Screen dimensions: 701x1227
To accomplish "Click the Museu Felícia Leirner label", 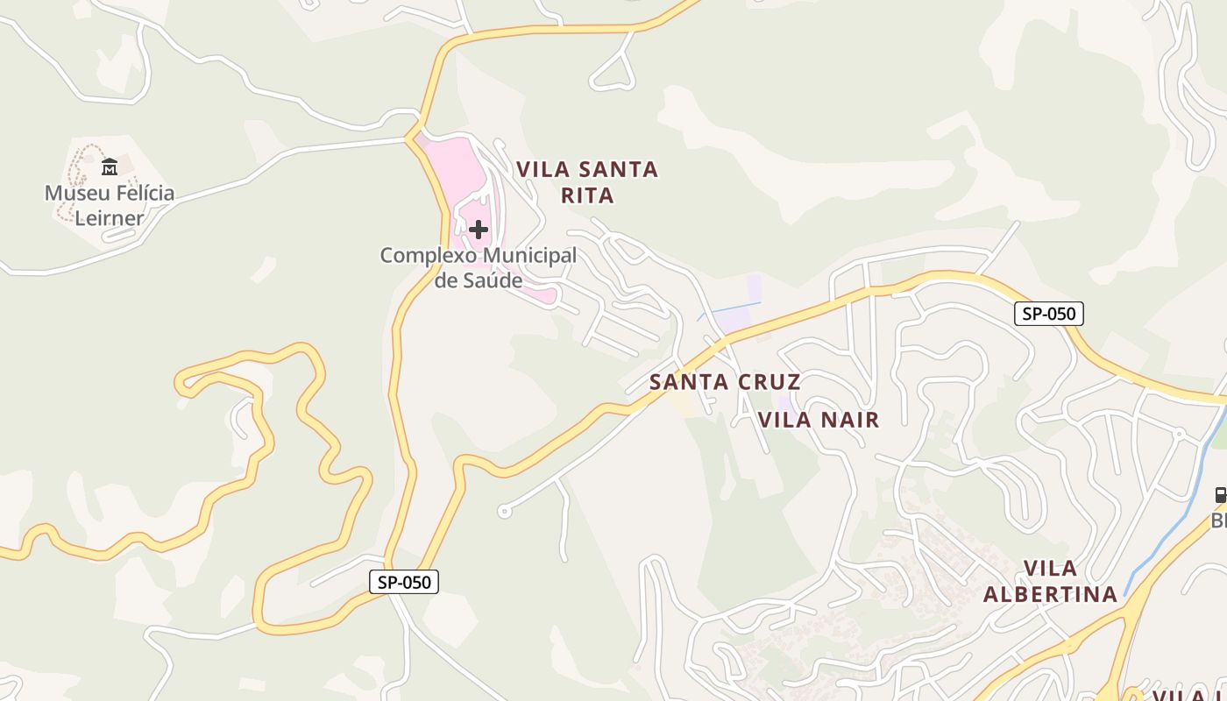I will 110,205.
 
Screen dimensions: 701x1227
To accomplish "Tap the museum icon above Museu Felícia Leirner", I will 110,166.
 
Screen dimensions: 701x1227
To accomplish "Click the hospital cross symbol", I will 479,230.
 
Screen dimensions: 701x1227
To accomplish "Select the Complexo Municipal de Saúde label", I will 479,268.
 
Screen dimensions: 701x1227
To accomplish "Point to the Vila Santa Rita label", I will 587,182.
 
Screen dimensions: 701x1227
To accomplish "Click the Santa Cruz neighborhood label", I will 725,382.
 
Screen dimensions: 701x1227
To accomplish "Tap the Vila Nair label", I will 819,420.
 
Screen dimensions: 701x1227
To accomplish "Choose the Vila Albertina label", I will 1050,581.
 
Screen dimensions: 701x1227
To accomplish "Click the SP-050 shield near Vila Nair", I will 1048,314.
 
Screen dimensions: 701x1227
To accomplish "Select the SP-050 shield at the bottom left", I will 403,582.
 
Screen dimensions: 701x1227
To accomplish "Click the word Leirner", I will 110,217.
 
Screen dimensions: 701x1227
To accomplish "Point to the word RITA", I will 587,195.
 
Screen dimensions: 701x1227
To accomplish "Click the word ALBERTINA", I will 1050,594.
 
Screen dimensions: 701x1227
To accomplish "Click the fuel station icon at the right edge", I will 1220,495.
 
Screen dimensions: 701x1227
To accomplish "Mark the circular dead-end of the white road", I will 504,511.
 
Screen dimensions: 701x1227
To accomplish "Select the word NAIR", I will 848,420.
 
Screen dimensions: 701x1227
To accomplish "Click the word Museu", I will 74,193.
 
